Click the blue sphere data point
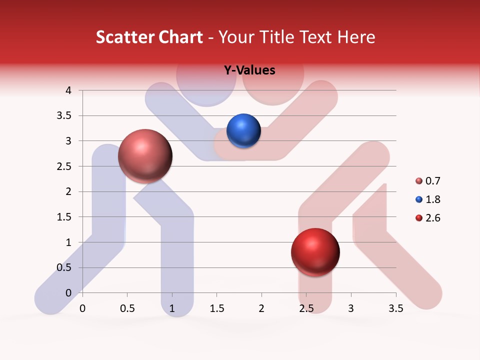(243, 131)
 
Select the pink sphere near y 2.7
(145, 156)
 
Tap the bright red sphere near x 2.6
(315, 252)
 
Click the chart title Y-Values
(249, 70)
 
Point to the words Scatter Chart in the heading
(149, 37)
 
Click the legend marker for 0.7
(419, 181)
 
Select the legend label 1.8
(432, 199)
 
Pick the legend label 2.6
(432, 218)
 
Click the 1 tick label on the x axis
(172, 308)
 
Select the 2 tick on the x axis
(261, 308)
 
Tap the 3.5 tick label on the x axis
(395, 308)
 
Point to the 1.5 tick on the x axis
(216, 308)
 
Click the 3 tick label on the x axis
(351, 308)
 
